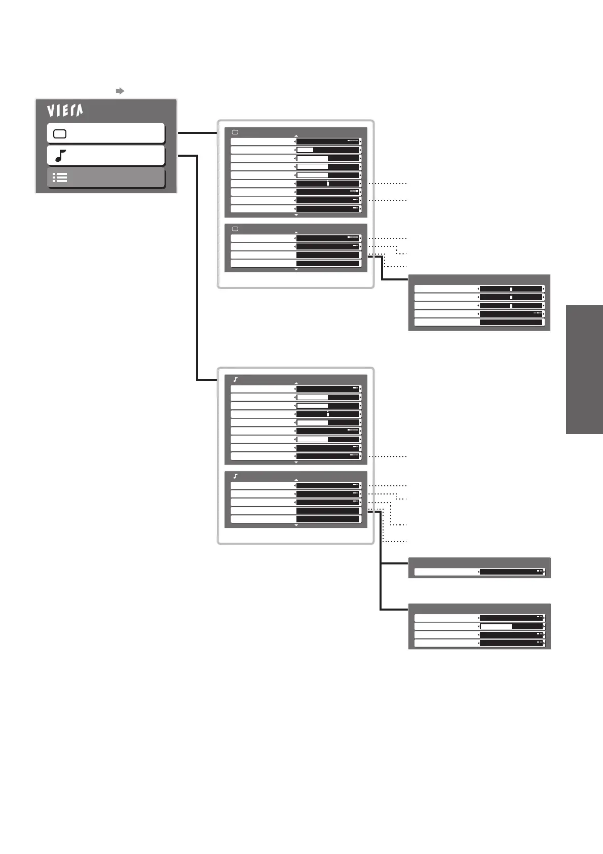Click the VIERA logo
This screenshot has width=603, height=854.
pyautogui.click(x=65, y=111)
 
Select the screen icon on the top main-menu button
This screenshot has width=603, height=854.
pyautogui.click(x=60, y=134)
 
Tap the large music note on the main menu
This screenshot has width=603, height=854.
pyautogui.click(x=60, y=156)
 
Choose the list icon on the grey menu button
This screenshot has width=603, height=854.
pyautogui.click(x=60, y=177)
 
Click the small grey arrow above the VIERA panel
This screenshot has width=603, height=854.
pyautogui.click(x=120, y=91)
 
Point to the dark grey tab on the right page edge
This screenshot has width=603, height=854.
pyautogui.click(x=584, y=369)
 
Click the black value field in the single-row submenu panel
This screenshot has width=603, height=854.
pyautogui.click(x=511, y=572)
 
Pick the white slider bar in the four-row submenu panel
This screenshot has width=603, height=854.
pyautogui.click(x=496, y=626)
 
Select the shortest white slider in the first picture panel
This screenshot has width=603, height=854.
pyautogui.click(x=305, y=150)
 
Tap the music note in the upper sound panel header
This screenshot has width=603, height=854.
pyautogui.click(x=236, y=379)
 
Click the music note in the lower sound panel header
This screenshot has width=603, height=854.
pyautogui.click(x=236, y=476)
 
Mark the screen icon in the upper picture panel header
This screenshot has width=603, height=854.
pyautogui.click(x=235, y=132)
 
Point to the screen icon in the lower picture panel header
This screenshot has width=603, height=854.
pyautogui.click(x=235, y=229)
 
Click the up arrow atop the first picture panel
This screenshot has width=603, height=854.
pyautogui.click(x=296, y=136)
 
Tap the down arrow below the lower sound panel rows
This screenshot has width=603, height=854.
pyautogui.click(x=296, y=525)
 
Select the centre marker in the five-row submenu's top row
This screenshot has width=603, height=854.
pyautogui.click(x=511, y=289)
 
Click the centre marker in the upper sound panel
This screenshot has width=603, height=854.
pyautogui.click(x=328, y=414)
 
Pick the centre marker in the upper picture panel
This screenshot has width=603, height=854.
pyautogui.click(x=328, y=183)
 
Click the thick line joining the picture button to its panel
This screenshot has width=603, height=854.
pyautogui.click(x=197, y=133)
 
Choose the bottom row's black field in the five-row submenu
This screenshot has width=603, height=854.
pyautogui.click(x=511, y=322)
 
